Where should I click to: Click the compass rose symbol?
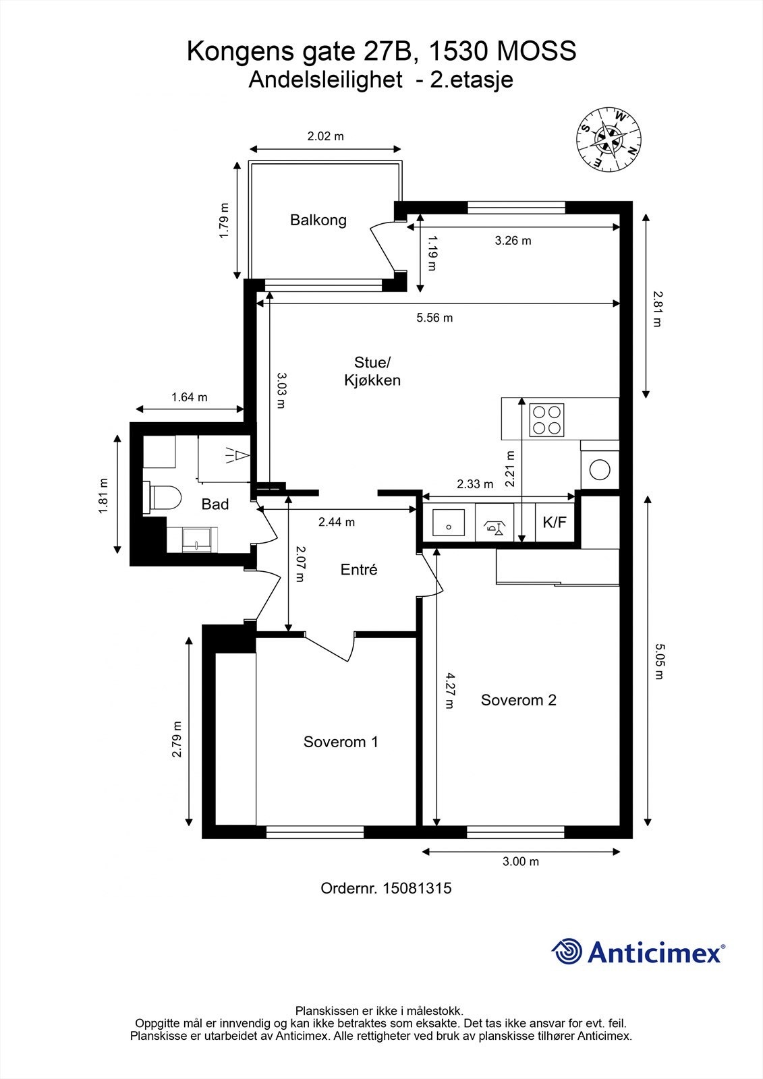click(609, 139)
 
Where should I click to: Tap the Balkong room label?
click(318, 220)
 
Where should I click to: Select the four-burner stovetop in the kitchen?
click(546, 420)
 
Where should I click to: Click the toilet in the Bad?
click(164, 498)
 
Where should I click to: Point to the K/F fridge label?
click(555, 522)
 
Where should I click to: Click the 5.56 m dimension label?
click(434, 318)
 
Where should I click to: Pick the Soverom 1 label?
click(341, 742)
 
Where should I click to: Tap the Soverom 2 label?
click(519, 700)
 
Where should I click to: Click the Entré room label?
click(359, 569)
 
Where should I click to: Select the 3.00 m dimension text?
click(521, 861)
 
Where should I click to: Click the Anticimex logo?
click(638, 952)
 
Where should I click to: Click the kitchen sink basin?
click(448, 523)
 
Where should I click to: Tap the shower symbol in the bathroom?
click(238, 455)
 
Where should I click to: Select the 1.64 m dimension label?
click(190, 397)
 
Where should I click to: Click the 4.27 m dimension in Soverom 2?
click(450, 691)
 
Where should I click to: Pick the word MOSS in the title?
click(536, 51)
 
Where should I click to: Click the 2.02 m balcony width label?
click(326, 136)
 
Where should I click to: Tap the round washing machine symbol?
click(600, 469)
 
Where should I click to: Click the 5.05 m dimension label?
click(658, 662)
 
